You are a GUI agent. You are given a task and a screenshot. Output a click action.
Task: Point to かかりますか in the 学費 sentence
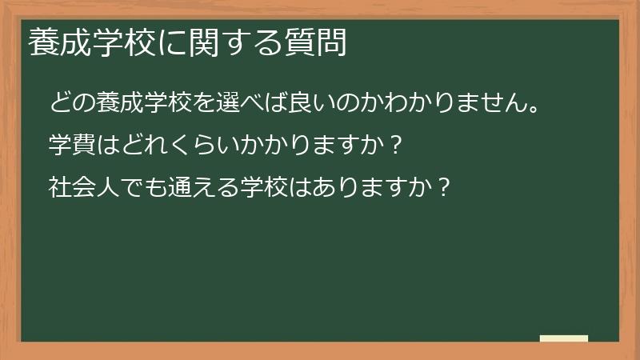point(313,146)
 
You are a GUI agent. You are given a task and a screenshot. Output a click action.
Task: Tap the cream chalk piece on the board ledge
point(564,338)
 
